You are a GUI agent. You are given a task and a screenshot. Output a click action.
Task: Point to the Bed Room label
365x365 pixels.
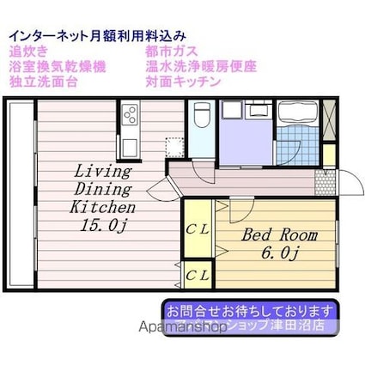(x=279, y=234)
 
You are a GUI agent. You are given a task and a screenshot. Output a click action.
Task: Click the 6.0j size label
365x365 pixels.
(x=279, y=252)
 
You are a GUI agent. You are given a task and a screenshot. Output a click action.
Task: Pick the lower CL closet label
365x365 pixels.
(x=197, y=275)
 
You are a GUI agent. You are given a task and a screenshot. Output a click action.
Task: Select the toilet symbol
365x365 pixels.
(x=201, y=115)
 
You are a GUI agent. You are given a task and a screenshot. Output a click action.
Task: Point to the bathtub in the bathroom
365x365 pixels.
(x=302, y=113)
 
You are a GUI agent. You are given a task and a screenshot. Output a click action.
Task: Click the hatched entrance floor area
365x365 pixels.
(x=324, y=180)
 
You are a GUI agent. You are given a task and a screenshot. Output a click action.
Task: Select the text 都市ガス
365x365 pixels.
(x=173, y=51)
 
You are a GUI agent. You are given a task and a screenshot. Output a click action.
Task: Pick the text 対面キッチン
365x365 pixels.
(x=183, y=82)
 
